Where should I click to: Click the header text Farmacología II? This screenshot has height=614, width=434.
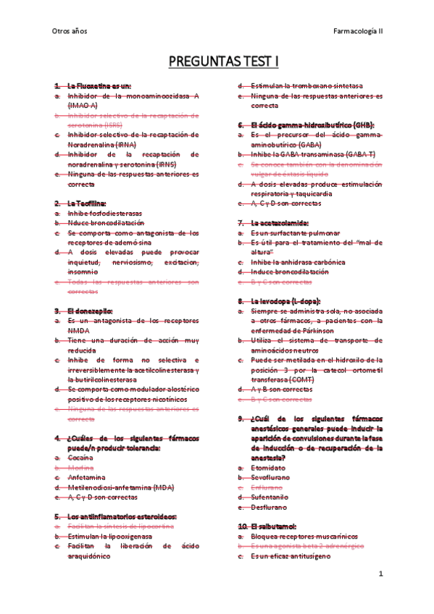pyautogui.click(x=358, y=31)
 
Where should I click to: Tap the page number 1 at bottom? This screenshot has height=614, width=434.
pyautogui.click(x=380, y=573)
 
